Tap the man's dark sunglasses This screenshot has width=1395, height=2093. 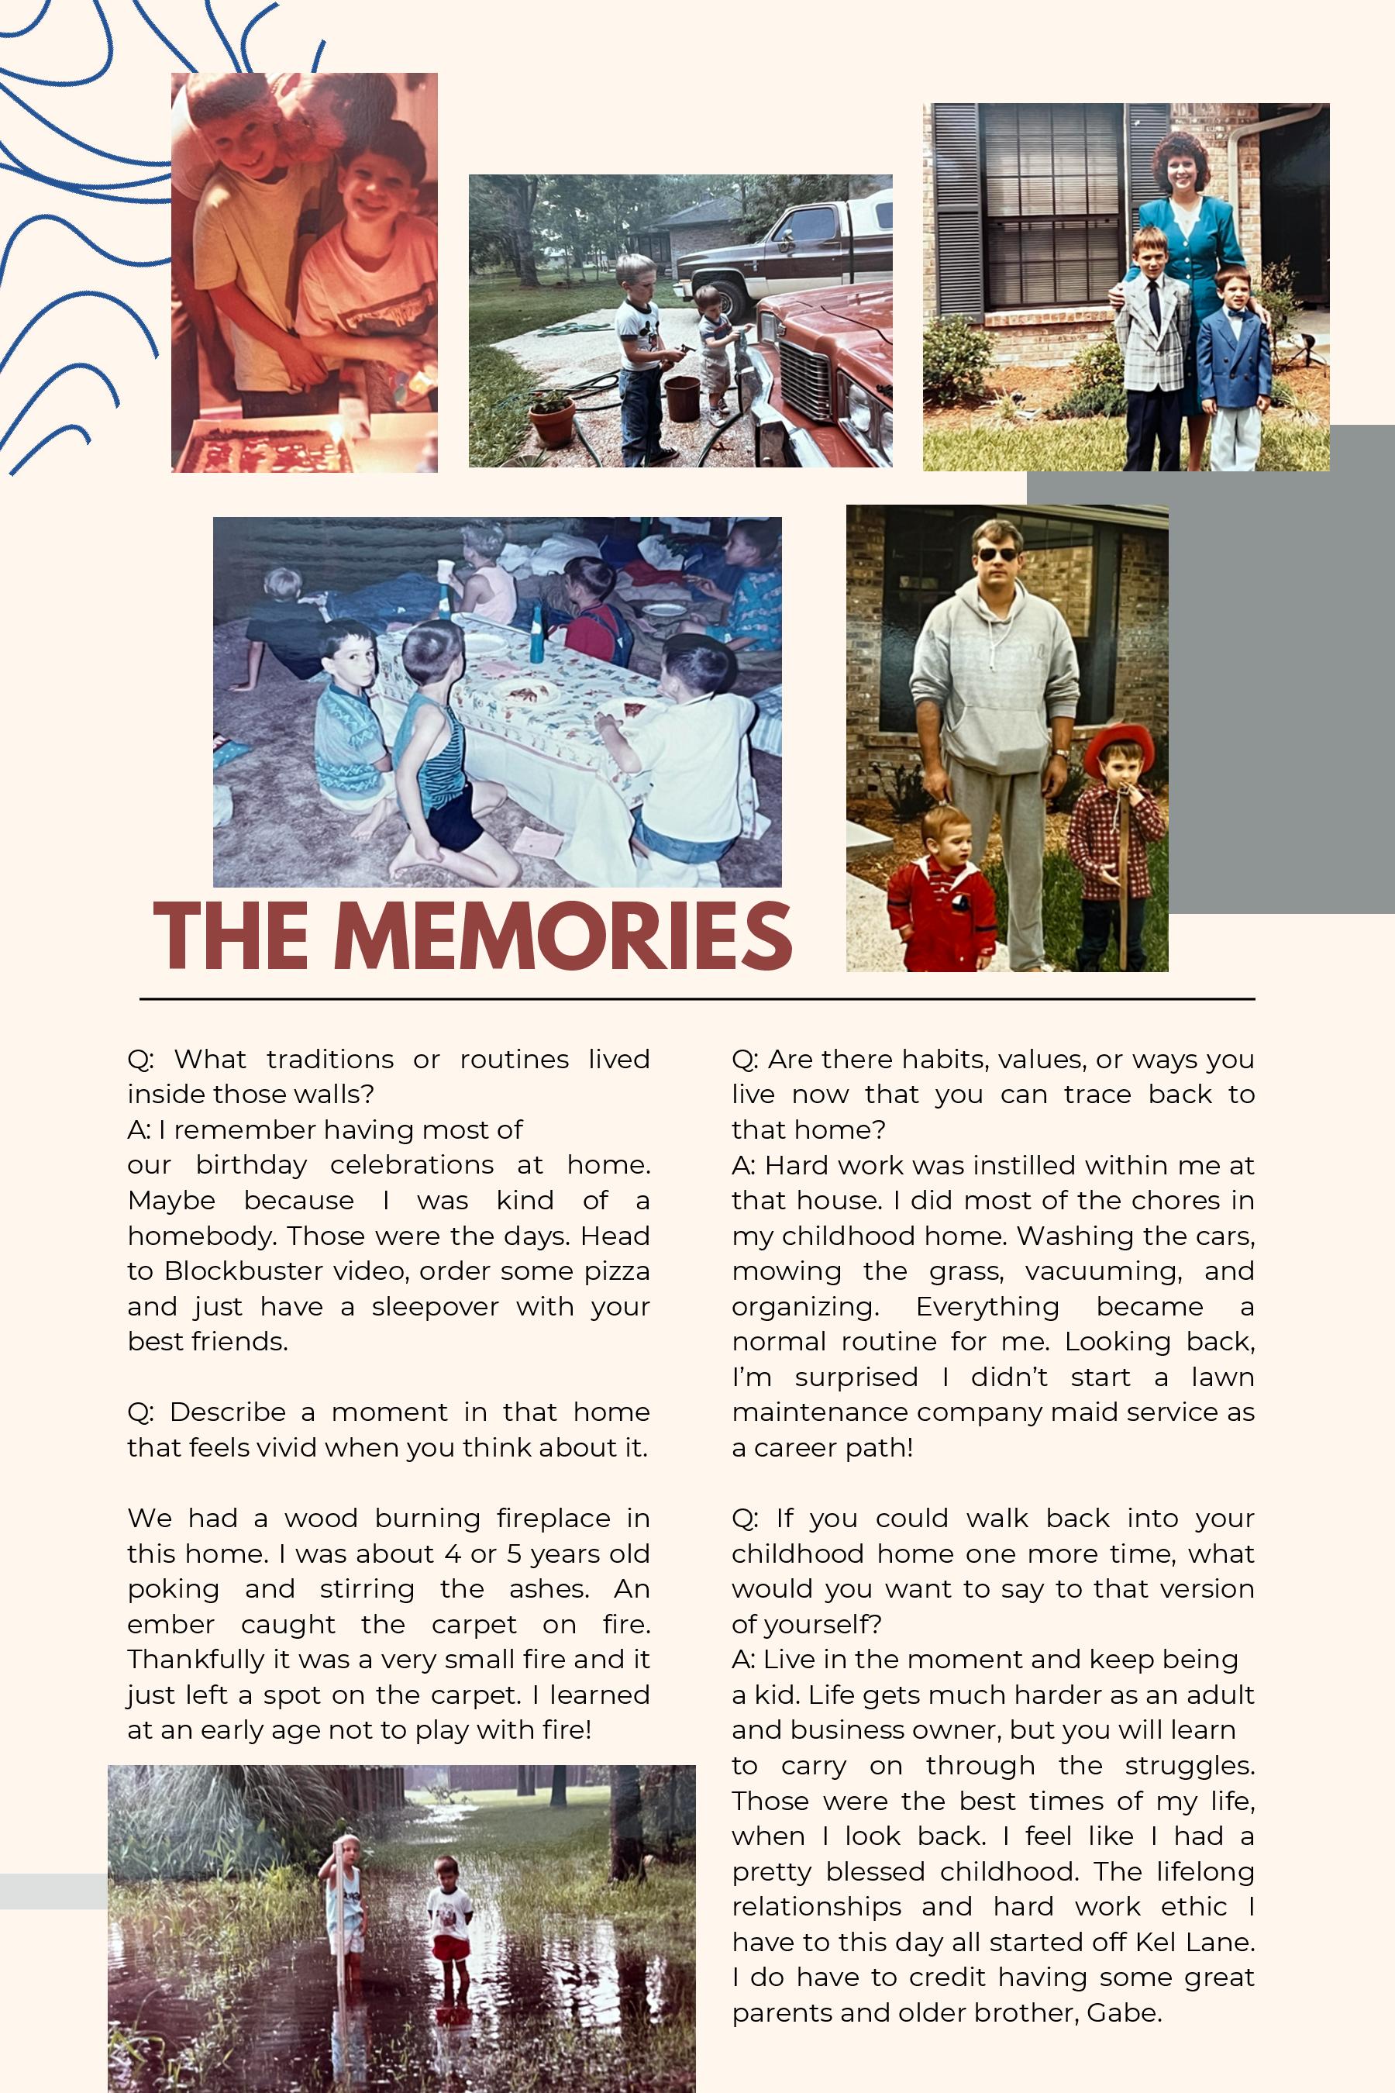[997, 554]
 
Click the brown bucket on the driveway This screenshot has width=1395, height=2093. [682, 398]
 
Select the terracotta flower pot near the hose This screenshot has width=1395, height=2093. [552, 420]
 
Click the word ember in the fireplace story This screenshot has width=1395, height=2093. [170, 1624]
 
